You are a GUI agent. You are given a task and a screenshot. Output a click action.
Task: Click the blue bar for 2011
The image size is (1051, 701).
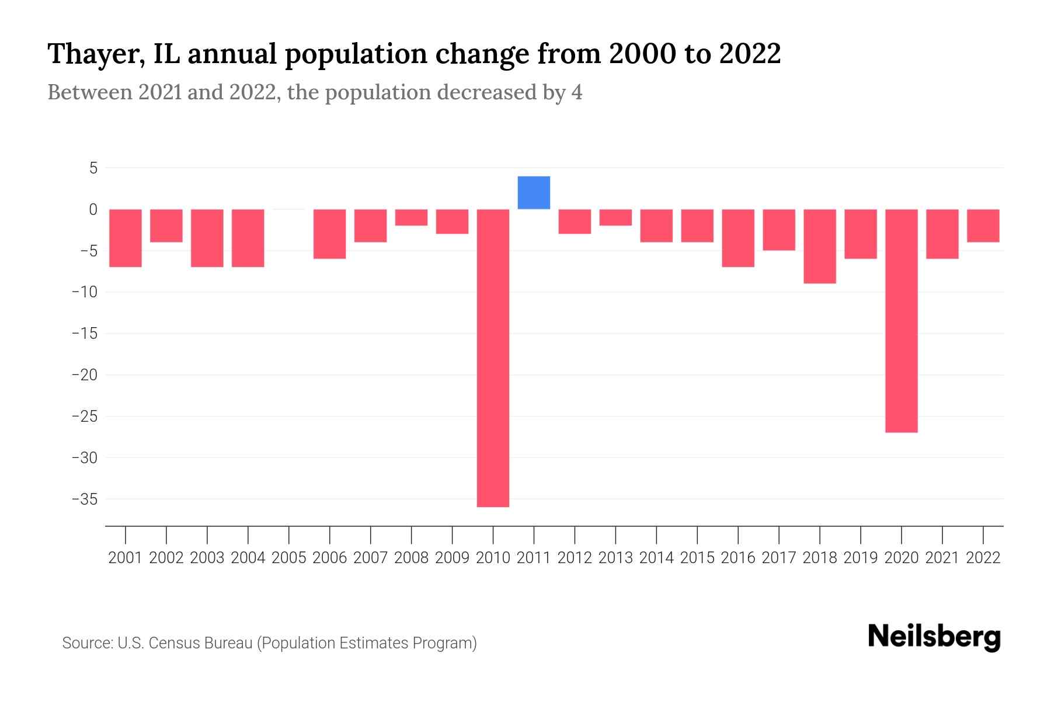tap(534, 193)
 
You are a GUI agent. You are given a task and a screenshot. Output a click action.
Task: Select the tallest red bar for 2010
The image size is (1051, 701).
tap(493, 358)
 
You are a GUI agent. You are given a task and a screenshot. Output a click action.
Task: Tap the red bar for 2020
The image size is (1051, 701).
tap(902, 320)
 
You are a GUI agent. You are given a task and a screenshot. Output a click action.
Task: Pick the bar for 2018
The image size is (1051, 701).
tap(820, 246)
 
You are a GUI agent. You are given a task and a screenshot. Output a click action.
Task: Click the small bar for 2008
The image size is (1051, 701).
tap(411, 217)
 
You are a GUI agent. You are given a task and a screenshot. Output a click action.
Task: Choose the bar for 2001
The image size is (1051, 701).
tap(126, 238)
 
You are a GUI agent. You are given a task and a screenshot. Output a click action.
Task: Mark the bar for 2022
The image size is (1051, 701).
tap(983, 225)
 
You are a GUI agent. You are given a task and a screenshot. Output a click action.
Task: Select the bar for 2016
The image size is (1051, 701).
tap(738, 238)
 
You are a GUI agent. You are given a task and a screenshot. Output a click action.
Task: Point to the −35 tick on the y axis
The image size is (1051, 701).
tap(84, 499)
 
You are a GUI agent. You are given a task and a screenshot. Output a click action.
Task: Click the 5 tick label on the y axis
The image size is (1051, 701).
tap(93, 168)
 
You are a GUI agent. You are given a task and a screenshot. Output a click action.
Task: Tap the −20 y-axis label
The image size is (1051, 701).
tap(84, 375)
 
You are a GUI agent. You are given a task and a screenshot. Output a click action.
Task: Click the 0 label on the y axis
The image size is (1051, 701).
tap(93, 210)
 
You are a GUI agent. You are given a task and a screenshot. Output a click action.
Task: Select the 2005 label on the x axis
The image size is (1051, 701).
tap(289, 558)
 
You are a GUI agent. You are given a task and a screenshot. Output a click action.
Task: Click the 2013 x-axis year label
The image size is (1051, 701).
tap(615, 558)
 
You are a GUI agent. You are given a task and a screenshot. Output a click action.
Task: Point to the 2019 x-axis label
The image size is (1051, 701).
tap(861, 558)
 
